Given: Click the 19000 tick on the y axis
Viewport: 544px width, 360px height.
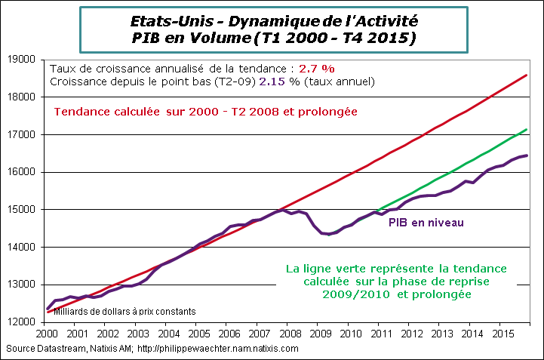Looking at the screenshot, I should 24,60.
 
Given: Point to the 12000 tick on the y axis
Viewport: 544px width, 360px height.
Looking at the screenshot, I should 24,322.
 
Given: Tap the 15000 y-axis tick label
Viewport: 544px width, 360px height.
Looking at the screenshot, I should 24,210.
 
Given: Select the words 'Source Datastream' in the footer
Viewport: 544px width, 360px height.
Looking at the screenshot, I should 41,349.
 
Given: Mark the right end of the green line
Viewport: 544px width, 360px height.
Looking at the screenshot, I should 526,130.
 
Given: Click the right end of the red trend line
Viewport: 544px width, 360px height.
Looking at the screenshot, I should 526,75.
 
